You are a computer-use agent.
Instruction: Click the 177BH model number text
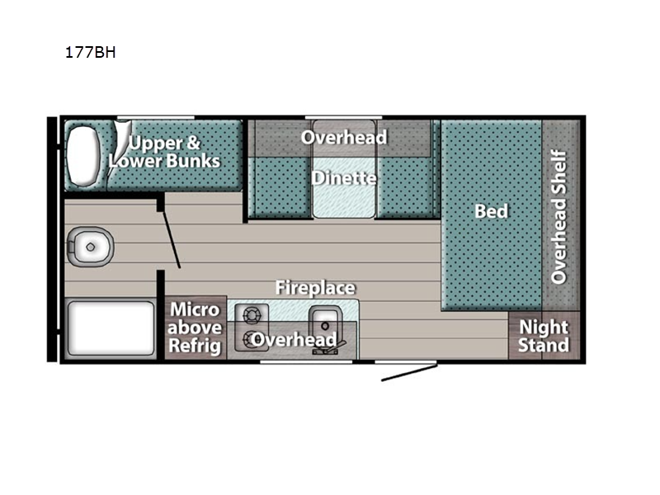pos(90,52)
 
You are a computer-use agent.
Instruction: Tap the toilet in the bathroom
pos(90,247)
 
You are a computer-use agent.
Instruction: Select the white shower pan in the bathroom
pos(111,328)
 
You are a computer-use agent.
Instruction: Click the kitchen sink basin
pos(325,325)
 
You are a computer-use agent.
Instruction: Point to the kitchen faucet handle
pos(339,346)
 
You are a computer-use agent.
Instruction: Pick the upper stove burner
pos(252,315)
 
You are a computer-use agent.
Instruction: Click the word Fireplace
pos(315,288)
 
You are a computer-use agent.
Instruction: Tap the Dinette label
pos(344,178)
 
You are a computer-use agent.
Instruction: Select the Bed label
pos(491,211)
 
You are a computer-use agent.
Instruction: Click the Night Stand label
pos(544,336)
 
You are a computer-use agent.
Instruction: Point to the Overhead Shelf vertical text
pos(559,217)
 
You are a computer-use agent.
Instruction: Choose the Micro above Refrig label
pos(195,328)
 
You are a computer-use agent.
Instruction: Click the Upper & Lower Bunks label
pos(164,152)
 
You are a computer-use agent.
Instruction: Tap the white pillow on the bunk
pos(83,155)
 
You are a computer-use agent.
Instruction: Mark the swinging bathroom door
pos(172,239)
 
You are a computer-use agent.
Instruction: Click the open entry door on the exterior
pos(409,373)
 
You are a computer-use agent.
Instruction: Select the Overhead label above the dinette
pos(344,138)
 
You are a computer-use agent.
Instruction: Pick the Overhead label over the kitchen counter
pos(294,340)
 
